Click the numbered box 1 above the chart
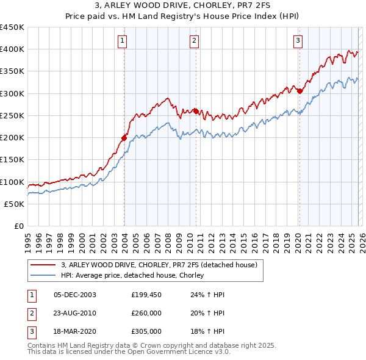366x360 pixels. (123, 41)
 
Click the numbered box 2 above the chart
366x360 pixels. (194, 41)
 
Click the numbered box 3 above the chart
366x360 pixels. (298, 41)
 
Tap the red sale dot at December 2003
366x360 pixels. (124, 138)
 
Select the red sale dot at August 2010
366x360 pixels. (196, 111)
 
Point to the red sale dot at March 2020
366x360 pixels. (300, 91)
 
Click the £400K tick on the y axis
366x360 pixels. (12, 49)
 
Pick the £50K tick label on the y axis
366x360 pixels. (15, 204)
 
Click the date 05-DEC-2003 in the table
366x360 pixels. (75, 295)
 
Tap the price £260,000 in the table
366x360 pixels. (146, 313)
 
